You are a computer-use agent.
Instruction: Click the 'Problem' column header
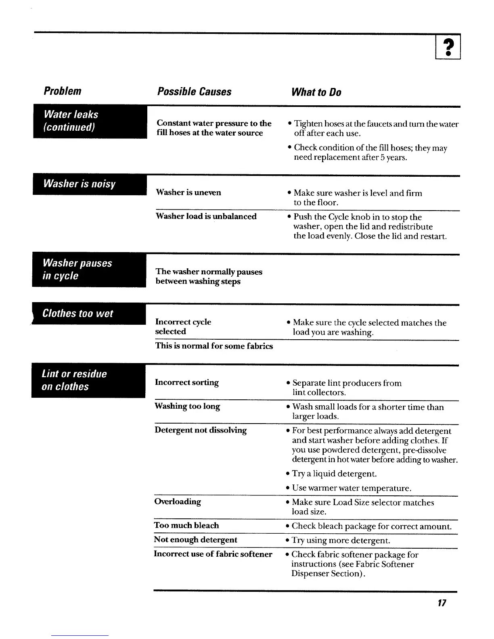click(x=62, y=91)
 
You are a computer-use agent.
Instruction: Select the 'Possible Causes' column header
click(x=194, y=92)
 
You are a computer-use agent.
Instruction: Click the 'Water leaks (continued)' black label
click(x=90, y=121)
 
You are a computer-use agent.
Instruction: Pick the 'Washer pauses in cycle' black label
click(x=89, y=269)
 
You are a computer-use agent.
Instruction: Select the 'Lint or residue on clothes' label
click(x=88, y=380)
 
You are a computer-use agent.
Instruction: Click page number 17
click(x=442, y=603)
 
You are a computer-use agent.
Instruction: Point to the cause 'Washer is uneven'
click(x=188, y=192)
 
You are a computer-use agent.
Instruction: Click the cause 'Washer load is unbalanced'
click(x=206, y=217)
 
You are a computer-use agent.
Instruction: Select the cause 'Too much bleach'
click(x=186, y=525)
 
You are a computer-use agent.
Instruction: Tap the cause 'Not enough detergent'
click(x=196, y=540)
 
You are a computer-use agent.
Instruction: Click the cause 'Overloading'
click(x=178, y=501)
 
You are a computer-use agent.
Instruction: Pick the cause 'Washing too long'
click(x=187, y=406)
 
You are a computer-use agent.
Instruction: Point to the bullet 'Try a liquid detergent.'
click(x=334, y=474)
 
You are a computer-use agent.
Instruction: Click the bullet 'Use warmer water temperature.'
click(x=352, y=488)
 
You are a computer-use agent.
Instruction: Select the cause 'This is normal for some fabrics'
click(x=214, y=346)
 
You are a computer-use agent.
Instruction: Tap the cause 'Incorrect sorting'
click(x=187, y=382)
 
